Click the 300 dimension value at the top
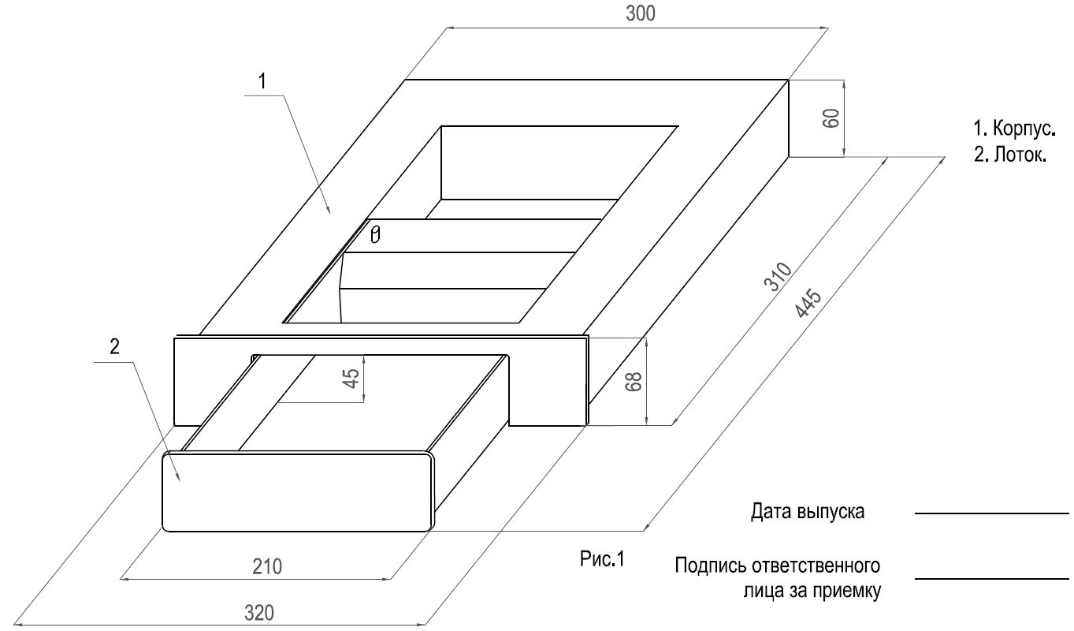640,14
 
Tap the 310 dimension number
778,276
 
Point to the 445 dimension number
809,303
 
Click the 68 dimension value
634,382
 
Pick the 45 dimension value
352,378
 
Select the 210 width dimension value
267,566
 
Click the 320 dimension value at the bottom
259,613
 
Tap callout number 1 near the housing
262,81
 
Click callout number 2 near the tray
114,346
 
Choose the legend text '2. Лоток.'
1009,155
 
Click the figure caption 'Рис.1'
602,558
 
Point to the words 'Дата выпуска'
808,512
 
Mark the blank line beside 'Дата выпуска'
992,513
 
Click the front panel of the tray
297,492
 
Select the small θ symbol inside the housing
375,235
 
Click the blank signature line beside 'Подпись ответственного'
992,579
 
